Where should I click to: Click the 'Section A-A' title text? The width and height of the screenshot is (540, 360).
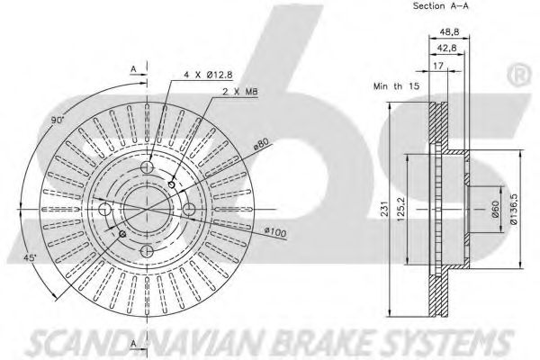(440, 6)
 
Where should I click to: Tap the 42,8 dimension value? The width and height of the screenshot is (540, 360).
(447, 49)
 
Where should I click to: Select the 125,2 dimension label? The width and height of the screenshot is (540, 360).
(411, 209)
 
